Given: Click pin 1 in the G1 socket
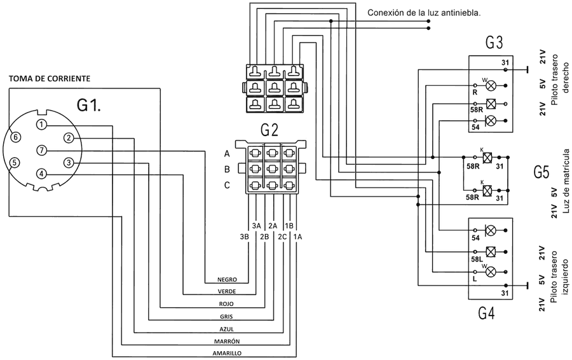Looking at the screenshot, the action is tap(41, 125).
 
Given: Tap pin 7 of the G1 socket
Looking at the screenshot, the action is tap(41, 150).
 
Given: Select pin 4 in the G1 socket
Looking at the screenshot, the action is tap(41, 174).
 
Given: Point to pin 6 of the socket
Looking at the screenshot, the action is tap(15, 137).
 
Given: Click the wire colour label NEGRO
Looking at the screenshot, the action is tap(228, 280).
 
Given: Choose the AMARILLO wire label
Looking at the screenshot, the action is tap(227, 354).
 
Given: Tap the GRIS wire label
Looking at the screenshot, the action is tap(226, 317).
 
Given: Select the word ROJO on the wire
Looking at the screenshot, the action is tap(226, 304).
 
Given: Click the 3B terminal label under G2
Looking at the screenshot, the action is tap(245, 237).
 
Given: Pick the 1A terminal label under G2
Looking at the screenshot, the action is tap(297, 237).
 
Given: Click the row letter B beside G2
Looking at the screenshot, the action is tap(227, 169).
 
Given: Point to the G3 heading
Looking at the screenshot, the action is tap(494, 43).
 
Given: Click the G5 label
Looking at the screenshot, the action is tap(541, 172).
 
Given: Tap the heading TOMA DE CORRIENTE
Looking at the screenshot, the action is tap(49, 78).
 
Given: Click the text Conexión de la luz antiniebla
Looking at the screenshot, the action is tap(424, 13).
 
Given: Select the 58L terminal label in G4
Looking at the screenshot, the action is tap(477, 259).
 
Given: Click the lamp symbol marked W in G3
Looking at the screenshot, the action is tap(491, 86).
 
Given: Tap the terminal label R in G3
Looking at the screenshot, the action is tap(475, 93).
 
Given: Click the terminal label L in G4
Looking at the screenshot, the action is tap(475, 279).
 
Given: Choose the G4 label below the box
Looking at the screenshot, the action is tap(486, 314).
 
